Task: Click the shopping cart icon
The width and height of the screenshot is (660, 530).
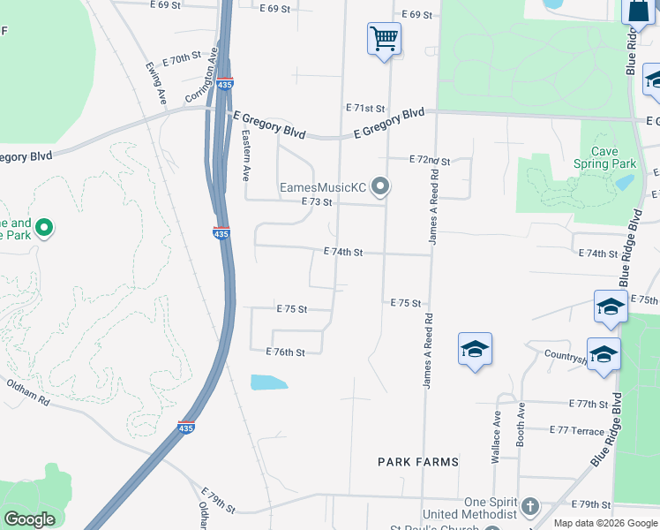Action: (x=385, y=39)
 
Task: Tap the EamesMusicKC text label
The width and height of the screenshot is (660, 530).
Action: (x=322, y=187)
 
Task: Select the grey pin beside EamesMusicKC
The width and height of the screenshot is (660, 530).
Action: (x=380, y=186)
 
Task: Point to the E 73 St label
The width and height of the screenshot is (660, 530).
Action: (x=316, y=202)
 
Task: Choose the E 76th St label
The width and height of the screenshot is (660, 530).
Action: (x=285, y=352)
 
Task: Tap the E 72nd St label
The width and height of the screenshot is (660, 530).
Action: (x=430, y=161)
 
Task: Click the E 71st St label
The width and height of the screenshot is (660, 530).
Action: (x=365, y=108)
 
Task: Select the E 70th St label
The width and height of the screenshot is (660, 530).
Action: (x=183, y=58)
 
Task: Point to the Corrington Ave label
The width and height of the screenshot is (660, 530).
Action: (x=201, y=79)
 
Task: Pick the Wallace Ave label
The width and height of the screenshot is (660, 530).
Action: (x=497, y=436)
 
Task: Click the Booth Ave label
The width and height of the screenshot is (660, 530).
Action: (x=521, y=423)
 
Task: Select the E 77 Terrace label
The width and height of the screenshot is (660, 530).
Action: (x=577, y=430)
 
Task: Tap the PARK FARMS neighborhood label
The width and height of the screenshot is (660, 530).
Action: (x=418, y=462)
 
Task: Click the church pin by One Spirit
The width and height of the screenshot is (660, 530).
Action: (x=529, y=506)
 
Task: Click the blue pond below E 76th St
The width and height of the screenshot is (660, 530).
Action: (x=269, y=382)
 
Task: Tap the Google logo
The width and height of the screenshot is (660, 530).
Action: (x=29, y=519)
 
